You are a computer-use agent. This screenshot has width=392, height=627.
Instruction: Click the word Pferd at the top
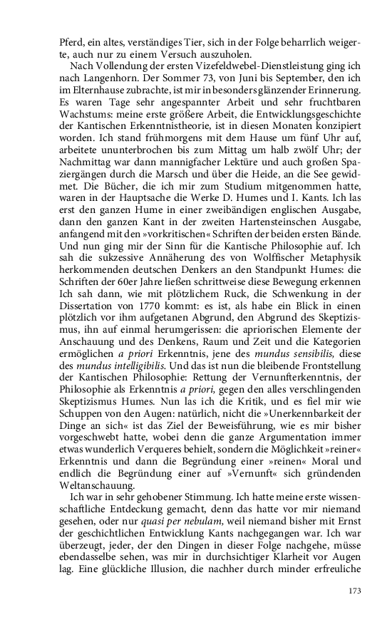71,41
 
